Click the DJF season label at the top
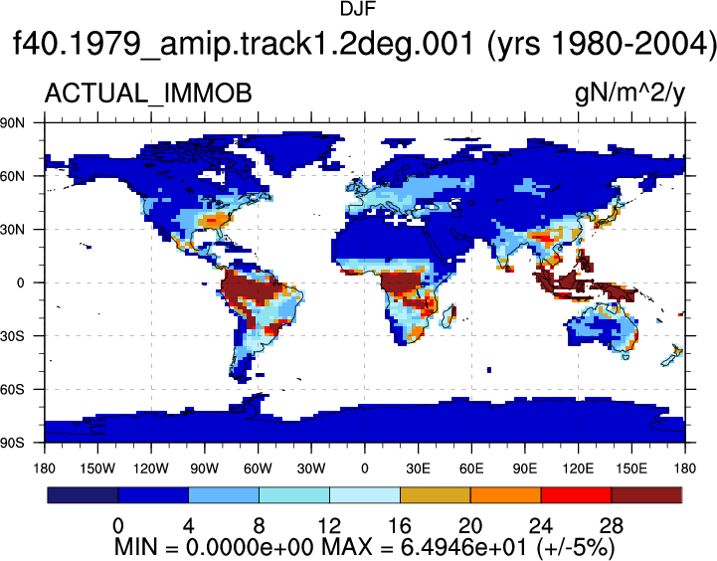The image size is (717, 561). click(358, 9)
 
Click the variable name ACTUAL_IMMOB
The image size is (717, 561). click(148, 93)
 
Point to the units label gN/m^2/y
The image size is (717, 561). click(629, 93)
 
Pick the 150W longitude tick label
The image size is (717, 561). click(97, 468)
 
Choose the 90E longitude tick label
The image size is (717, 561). click(524, 468)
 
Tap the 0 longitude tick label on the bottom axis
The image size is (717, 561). click(364, 468)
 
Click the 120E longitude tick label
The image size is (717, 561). click(578, 468)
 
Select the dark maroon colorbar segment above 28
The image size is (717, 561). click(646, 495)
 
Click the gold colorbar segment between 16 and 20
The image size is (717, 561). click(436, 495)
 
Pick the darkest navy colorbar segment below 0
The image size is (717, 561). click(83, 495)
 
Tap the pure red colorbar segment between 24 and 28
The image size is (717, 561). click(576, 495)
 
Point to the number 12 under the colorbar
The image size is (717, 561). click(329, 526)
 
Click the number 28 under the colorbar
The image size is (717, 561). click(612, 526)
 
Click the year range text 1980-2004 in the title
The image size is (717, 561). click(608, 44)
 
